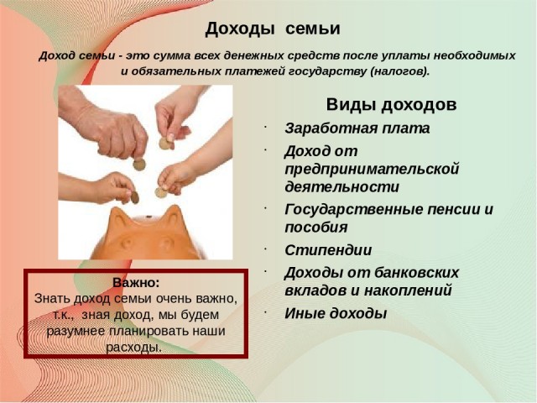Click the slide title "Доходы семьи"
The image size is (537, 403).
273,29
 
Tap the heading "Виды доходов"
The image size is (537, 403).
392,104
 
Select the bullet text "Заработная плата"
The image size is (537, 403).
357,128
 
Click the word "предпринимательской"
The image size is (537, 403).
372,170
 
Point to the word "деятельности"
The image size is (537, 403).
342,186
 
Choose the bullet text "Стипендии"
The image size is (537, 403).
328,250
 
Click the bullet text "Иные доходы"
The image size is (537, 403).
336,313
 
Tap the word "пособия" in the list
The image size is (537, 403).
316,228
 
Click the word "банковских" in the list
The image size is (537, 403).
416,273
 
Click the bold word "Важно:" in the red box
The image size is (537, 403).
136,283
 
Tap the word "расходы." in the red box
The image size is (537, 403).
133,348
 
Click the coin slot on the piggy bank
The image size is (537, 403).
149,217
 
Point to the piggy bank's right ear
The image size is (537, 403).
174,216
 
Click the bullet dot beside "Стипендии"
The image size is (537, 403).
265,248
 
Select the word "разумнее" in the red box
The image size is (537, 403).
76,332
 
